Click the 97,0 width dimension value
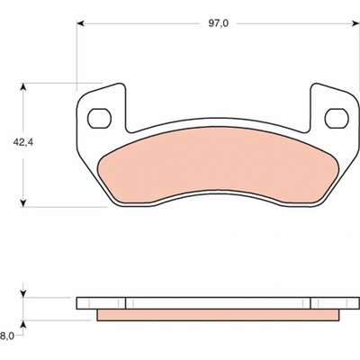click(219, 23)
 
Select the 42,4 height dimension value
click(22, 142)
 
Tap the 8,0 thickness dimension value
click(7, 336)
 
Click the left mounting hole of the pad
click(99, 118)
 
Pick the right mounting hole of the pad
click(337, 118)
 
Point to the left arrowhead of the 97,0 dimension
click(80, 23)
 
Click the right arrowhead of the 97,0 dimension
click(355, 23)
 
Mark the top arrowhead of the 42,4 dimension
click(23, 86)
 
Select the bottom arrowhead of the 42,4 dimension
click(23, 203)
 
